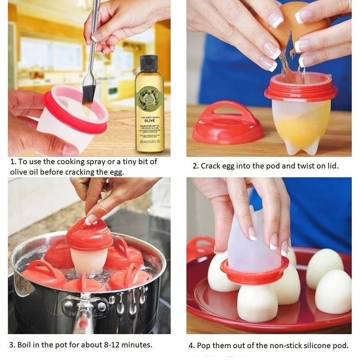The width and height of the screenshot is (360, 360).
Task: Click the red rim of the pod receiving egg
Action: coord(301,93)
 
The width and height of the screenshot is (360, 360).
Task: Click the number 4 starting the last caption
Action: coord(191,346)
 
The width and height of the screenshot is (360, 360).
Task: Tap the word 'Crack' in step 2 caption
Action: coord(211,166)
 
